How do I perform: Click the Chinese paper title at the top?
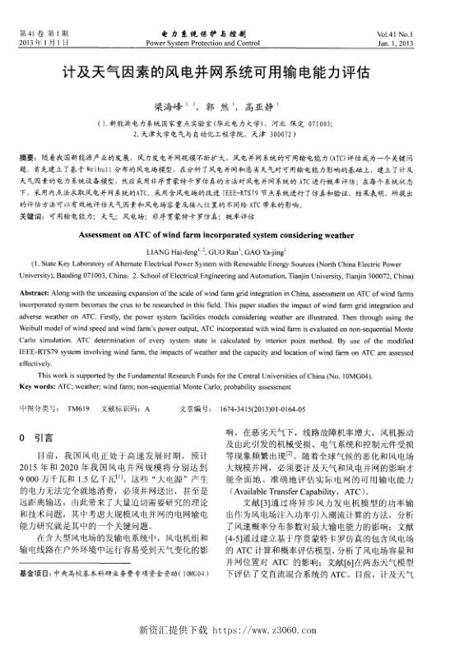pos(226,73)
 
